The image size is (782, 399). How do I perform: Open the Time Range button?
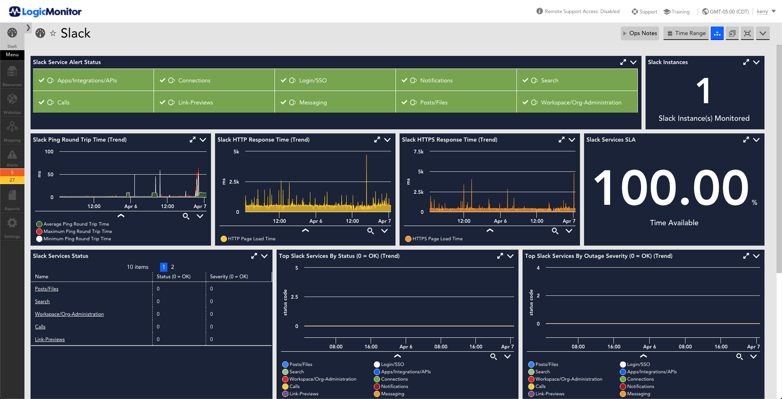[686, 33]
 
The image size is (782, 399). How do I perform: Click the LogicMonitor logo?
[45, 12]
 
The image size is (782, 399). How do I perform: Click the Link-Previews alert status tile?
[214, 102]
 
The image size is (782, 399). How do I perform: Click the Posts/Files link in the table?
[46, 289]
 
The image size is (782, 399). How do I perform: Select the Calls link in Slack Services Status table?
[40, 327]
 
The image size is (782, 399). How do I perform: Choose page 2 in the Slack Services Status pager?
[173, 267]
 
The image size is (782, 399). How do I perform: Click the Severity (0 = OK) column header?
[229, 277]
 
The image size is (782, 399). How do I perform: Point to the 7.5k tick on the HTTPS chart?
[418, 152]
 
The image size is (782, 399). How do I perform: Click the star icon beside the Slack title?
[53, 33]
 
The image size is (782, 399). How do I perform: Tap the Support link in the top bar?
[644, 12]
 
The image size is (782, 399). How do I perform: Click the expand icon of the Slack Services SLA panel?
[746, 140]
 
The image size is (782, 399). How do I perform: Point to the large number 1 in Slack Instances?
[703, 91]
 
